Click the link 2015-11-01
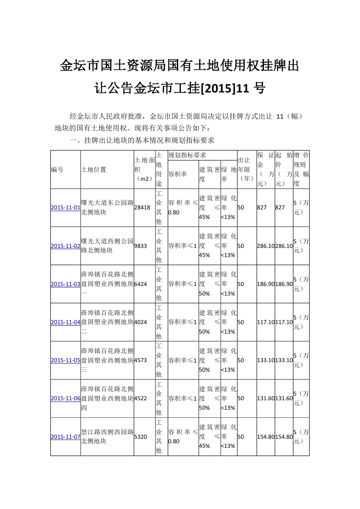coord(65,208)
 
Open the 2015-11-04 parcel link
coord(65,322)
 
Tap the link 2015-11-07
coord(65,436)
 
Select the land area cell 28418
coord(142,208)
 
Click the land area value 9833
coord(141,246)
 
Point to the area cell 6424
coord(141,284)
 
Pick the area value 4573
coord(141,360)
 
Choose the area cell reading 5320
coord(141,436)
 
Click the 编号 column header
coord(57,170)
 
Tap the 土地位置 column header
coord(93,170)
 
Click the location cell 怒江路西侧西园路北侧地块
coord(107,436)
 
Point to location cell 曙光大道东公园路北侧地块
coord(107,208)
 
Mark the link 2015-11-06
coord(65,398)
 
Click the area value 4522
coord(141,398)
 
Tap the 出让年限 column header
coord(246,170)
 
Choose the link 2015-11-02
coord(65,246)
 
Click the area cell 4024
coord(141,322)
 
